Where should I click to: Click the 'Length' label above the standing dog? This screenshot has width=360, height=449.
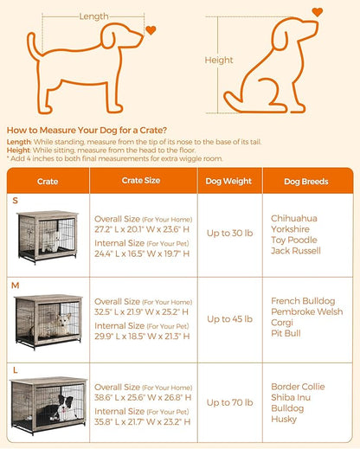pyautogui.click(x=93, y=16)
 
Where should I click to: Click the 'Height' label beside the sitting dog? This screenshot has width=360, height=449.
pyautogui.click(x=219, y=61)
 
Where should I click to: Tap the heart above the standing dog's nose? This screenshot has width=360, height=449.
pyautogui.click(x=151, y=30)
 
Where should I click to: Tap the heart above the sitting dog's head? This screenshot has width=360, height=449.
pyautogui.click(x=317, y=12)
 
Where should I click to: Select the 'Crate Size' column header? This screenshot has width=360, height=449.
pyautogui.click(x=139, y=182)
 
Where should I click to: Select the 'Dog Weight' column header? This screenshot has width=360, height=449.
pyautogui.click(x=228, y=182)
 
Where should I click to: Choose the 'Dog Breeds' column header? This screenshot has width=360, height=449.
pyautogui.click(x=306, y=182)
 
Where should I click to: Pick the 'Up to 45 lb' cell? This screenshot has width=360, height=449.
pyautogui.click(x=228, y=318)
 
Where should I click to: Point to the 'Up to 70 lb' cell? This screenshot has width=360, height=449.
pyautogui.click(x=228, y=403)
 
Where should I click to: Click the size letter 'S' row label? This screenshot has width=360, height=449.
pyautogui.click(x=14, y=201)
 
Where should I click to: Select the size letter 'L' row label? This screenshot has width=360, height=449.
pyautogui.click(x=14, y=369)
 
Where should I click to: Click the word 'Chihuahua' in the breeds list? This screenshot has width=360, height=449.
pyautogui.click(x=292, y=218)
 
